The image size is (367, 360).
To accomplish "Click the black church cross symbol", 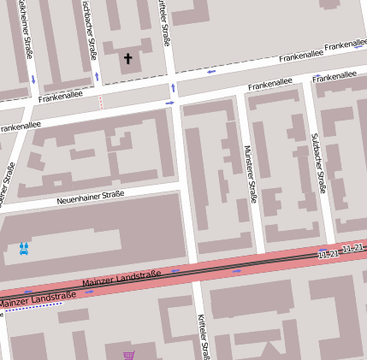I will [128, 59].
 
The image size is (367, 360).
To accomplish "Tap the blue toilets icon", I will [24, 248].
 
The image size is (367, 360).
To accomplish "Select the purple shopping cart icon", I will [128, 355].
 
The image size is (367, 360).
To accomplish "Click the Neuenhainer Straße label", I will [91, 198].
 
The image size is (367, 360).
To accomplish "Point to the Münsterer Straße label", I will [251, 174].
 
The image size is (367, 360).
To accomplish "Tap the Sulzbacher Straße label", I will [318, 162].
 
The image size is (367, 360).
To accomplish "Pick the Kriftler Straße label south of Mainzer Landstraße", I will [204, 335].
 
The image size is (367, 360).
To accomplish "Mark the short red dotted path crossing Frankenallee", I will [100, 103].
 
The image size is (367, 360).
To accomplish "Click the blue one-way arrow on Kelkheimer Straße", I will [33, 79].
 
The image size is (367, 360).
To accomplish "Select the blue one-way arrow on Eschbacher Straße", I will [97, 76].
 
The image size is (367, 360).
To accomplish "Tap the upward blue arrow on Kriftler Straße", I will [174, 87].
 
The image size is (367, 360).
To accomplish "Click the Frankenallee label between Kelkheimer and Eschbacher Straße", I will [61, 96].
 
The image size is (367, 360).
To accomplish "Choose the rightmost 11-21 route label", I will [352, 248].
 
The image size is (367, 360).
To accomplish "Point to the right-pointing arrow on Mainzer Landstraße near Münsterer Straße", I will [237, 270].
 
